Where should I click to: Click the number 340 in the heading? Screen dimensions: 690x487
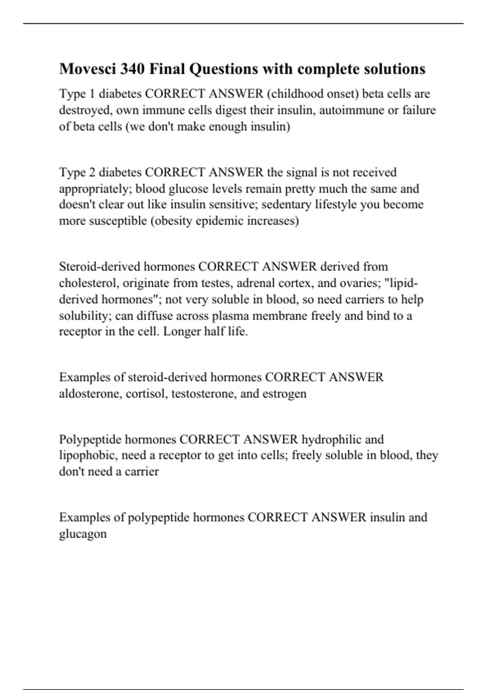click(x=132, y=69)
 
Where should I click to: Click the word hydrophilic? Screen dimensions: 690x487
click(x=331, y=440)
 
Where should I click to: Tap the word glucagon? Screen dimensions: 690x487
click(x=83, y=534)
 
